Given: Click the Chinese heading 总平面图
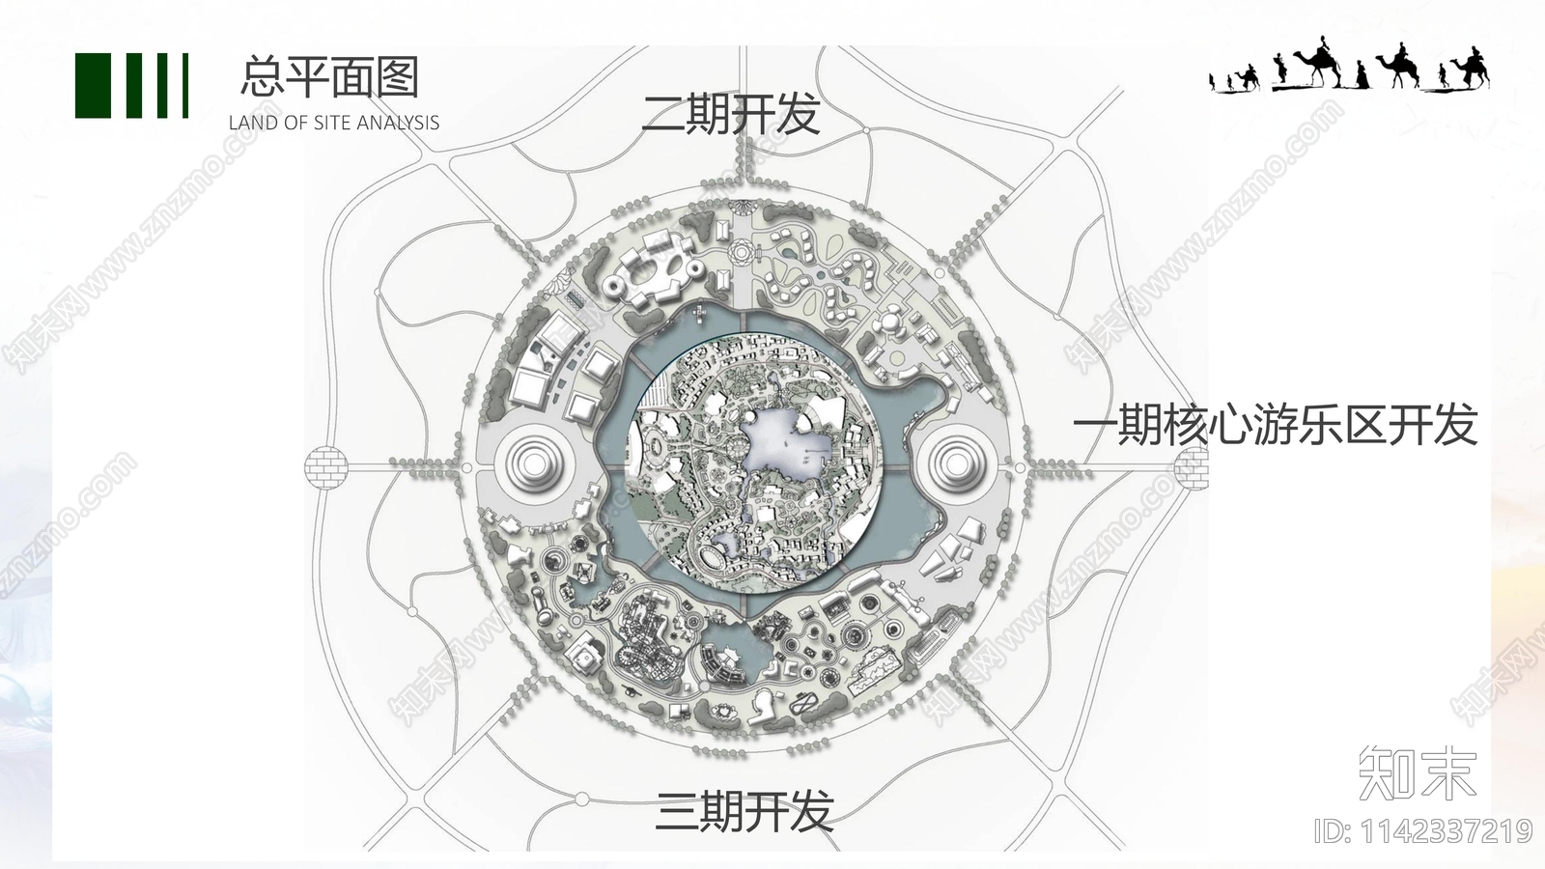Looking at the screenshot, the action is pos(329,76).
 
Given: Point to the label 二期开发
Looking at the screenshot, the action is pos(730,114).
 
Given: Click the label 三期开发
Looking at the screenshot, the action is pos(744,812).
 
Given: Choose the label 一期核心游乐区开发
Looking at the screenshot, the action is pos(1275,424).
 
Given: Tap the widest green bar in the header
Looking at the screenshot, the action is pos(93,86).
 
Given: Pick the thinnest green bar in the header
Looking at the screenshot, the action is pos(185,86).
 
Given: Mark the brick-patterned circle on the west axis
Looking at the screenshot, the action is pos(325,467).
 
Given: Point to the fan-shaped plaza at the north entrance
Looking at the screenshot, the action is pos(743,207).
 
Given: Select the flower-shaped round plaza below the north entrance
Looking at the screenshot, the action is pos(742,251).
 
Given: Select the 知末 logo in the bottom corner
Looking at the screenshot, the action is pos(1418,772).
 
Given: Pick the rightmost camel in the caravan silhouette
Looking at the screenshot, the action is pos(1468,69).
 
